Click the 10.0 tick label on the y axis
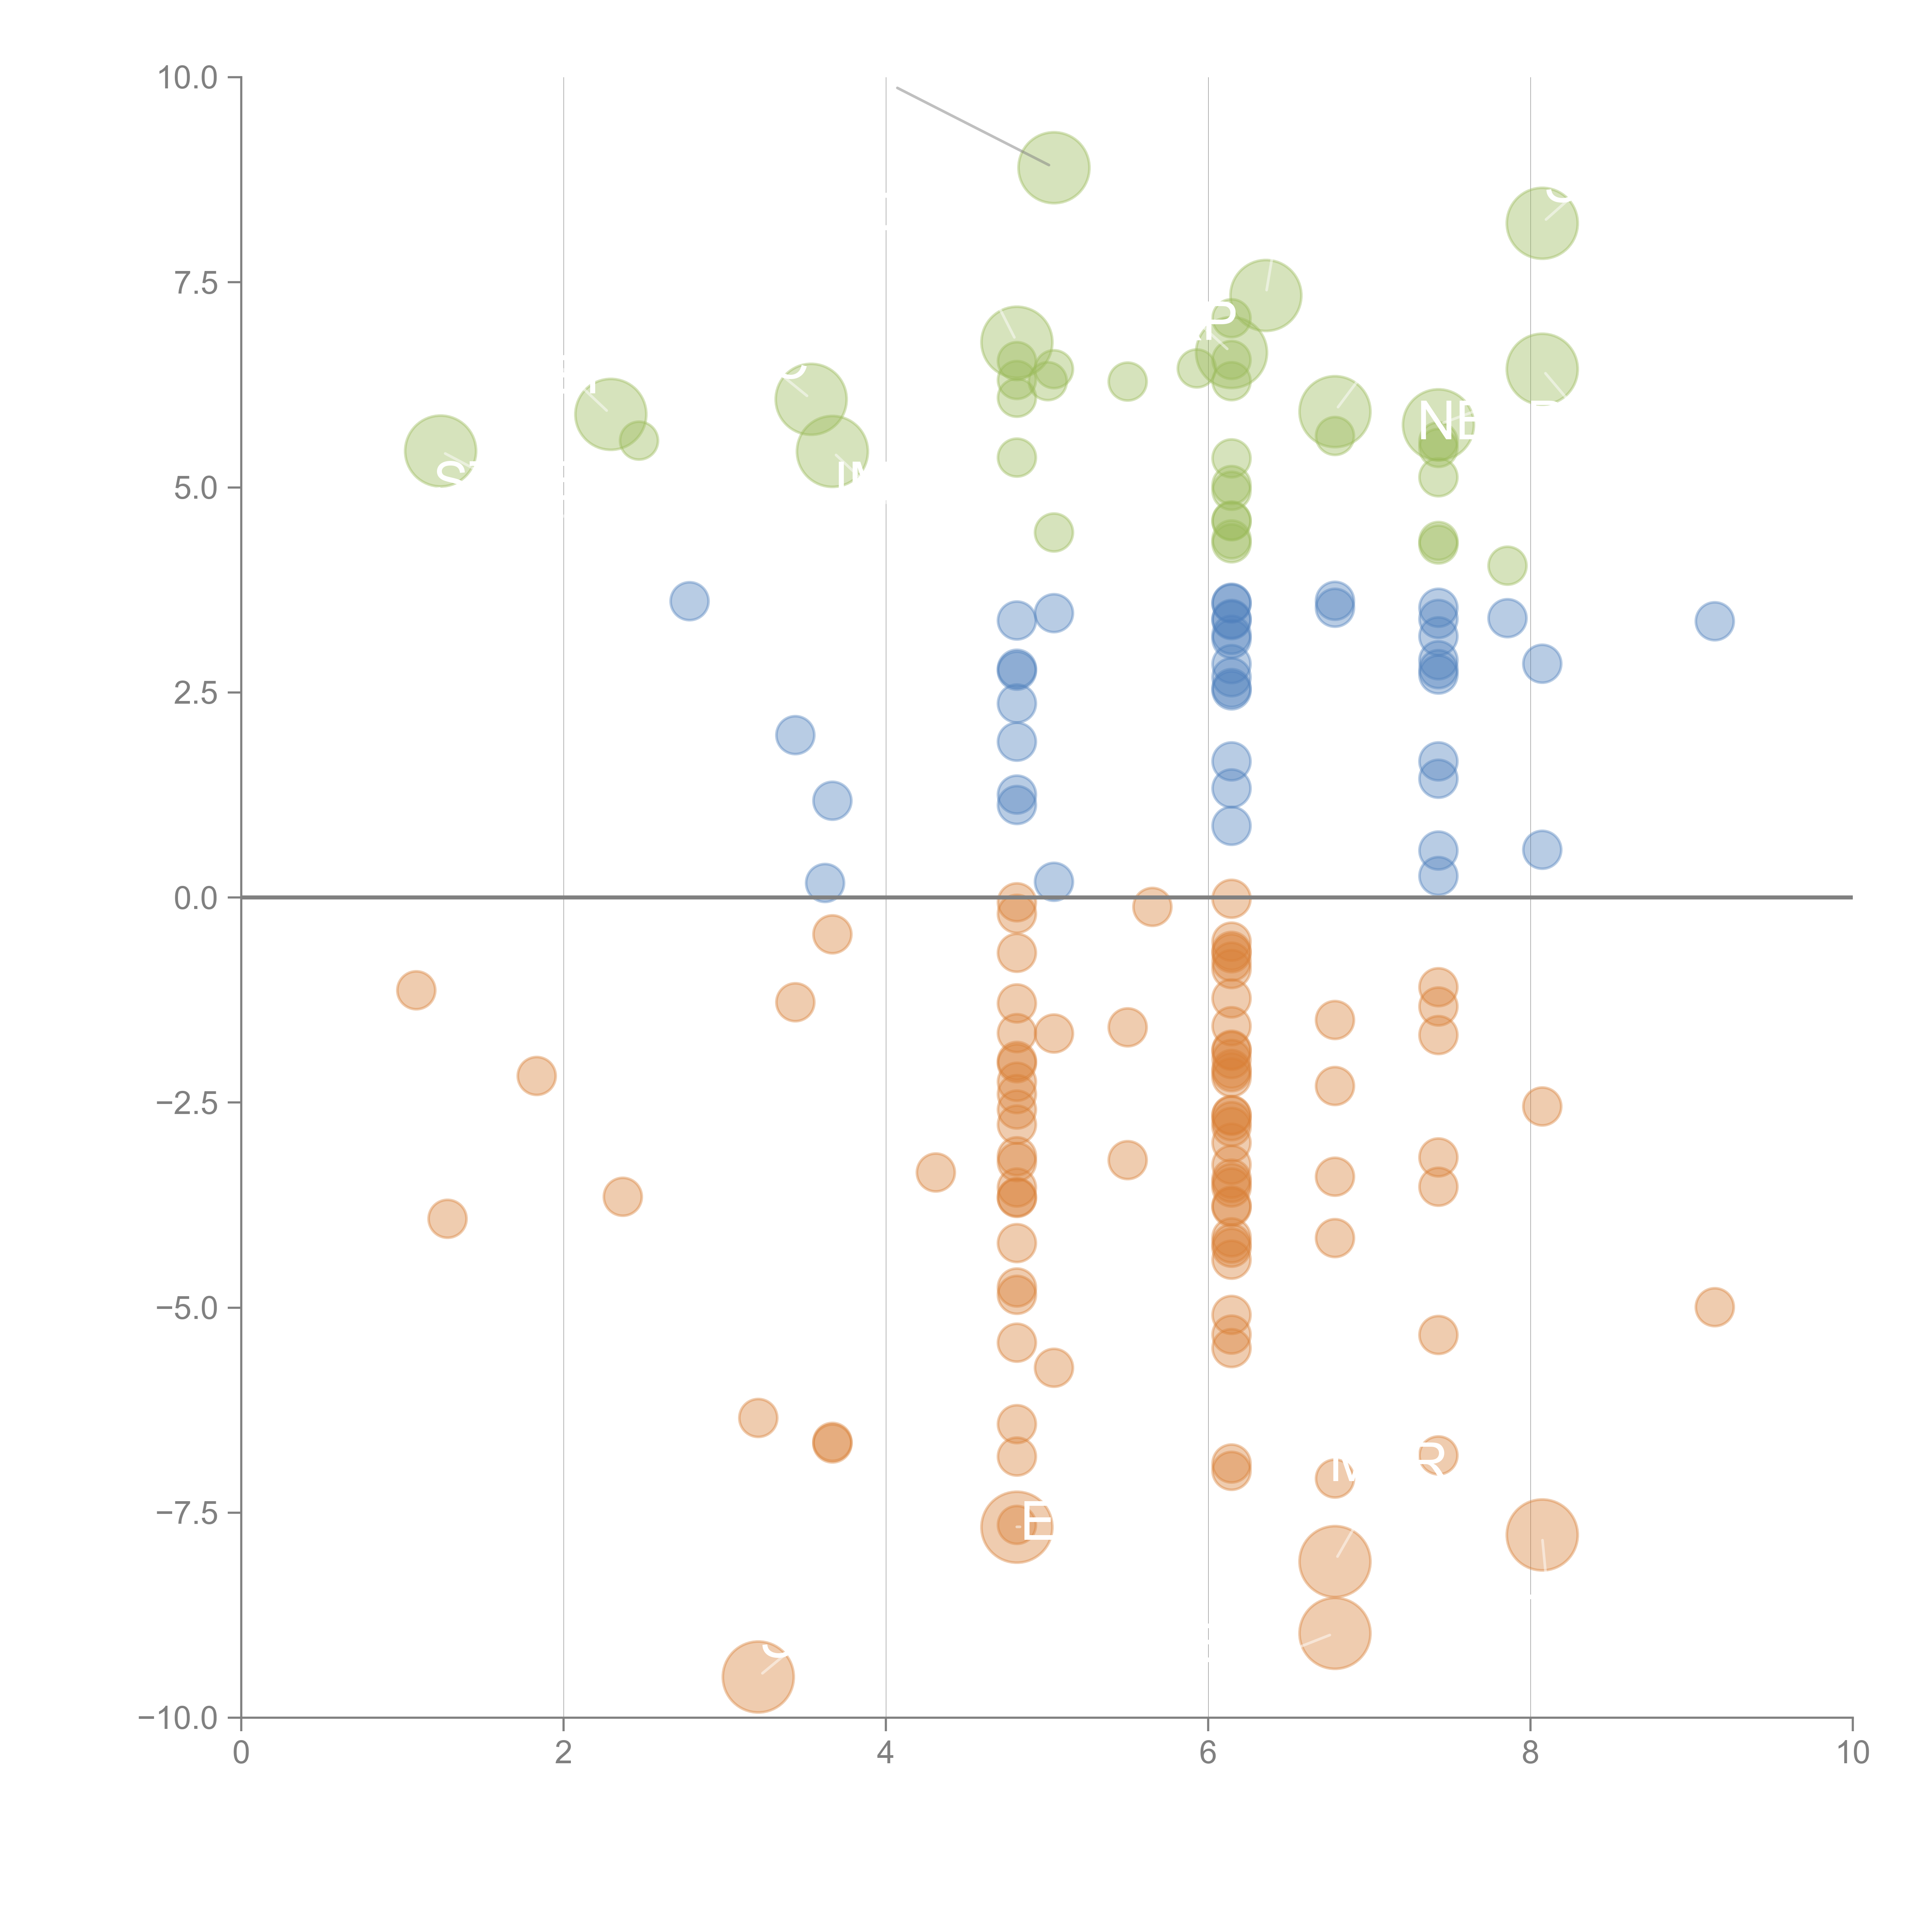(x=188, y=78)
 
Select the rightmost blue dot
(x=1714, y=621)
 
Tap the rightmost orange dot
(x=1714, y=1307)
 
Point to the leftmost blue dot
(x=689, y=601)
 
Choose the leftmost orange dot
(x=416, y=990)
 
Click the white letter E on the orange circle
(x=1037, y=1524)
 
